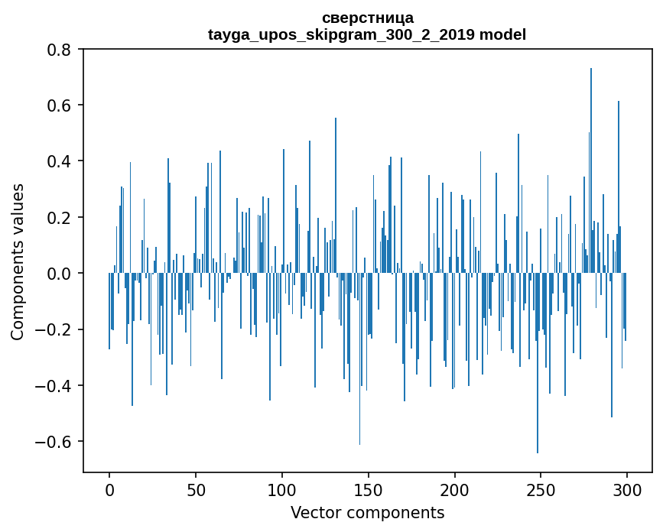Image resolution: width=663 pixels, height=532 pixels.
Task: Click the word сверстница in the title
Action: [367, 18]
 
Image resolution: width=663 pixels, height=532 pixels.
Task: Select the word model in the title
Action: [502, 34]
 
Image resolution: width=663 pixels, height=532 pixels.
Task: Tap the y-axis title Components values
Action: [17, 261]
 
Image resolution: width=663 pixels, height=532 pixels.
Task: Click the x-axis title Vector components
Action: [367, 512]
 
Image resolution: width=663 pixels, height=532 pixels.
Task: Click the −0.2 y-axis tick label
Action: [56, 329]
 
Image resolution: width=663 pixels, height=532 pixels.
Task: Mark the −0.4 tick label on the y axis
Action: [56, 385]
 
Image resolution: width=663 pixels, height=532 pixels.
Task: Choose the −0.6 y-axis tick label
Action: [56, 442]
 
